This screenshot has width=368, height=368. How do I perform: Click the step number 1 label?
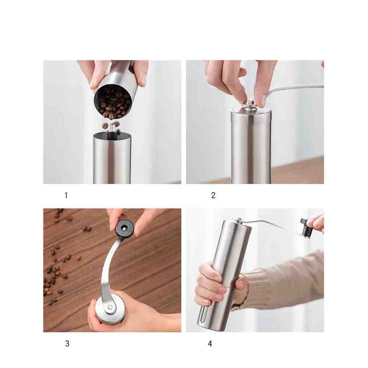click(66, 195)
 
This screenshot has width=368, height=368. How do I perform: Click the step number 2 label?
click(213, 195)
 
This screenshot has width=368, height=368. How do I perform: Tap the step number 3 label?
click(67, 344)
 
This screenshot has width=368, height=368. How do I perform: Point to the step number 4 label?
click(210, 344)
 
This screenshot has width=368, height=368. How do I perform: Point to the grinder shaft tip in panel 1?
click(111, 128)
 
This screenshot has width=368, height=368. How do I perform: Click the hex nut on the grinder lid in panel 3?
click(109, 307)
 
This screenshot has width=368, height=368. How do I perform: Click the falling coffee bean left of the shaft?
click(105, 126)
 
